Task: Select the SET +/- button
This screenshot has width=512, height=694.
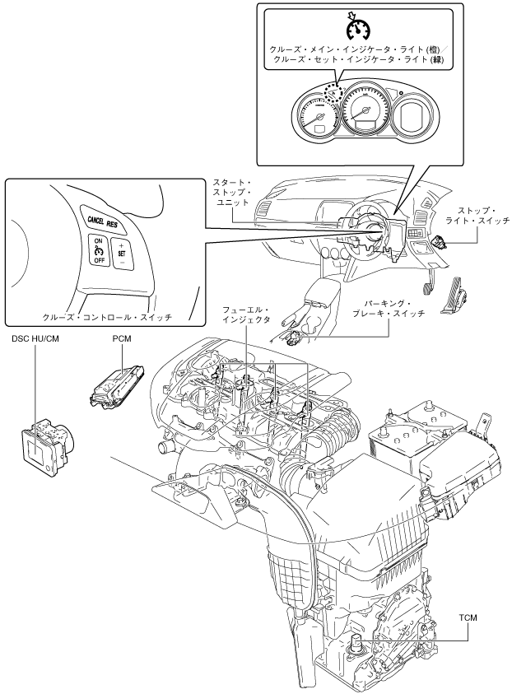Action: click(x=122, y=254)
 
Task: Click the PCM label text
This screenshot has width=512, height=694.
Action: click(x=122, y=339)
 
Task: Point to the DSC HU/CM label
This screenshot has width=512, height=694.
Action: click(x=35, y=339)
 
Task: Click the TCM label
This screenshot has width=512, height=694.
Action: click(x=468, y=617)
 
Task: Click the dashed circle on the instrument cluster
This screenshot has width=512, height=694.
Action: click(x=333, y=93)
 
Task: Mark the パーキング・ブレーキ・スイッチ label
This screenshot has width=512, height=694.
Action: click(x=389, y=309)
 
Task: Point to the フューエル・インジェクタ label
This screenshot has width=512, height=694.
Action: click(x=246, y=315)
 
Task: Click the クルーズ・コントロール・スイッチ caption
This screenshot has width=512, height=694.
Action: click(x=107, y=317)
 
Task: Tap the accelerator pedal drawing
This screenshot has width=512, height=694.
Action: click(x=455, y=296)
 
